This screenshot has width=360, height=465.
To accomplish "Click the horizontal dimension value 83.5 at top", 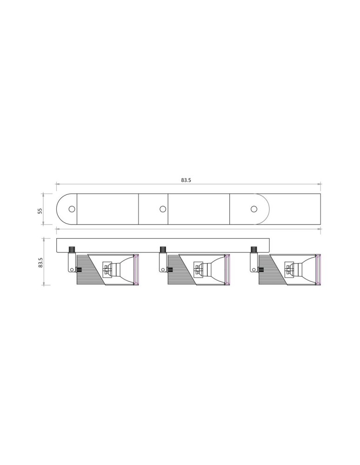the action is coord(186,180).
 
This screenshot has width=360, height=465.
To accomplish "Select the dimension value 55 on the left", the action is coord(40,211).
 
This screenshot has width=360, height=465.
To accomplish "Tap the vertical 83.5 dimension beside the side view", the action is coord(40,262).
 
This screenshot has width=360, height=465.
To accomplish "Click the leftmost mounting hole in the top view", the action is coord(72,209).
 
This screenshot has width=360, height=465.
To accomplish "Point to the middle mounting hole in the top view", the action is coord(162,209).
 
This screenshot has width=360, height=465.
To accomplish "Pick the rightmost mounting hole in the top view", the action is coord(253,209).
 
